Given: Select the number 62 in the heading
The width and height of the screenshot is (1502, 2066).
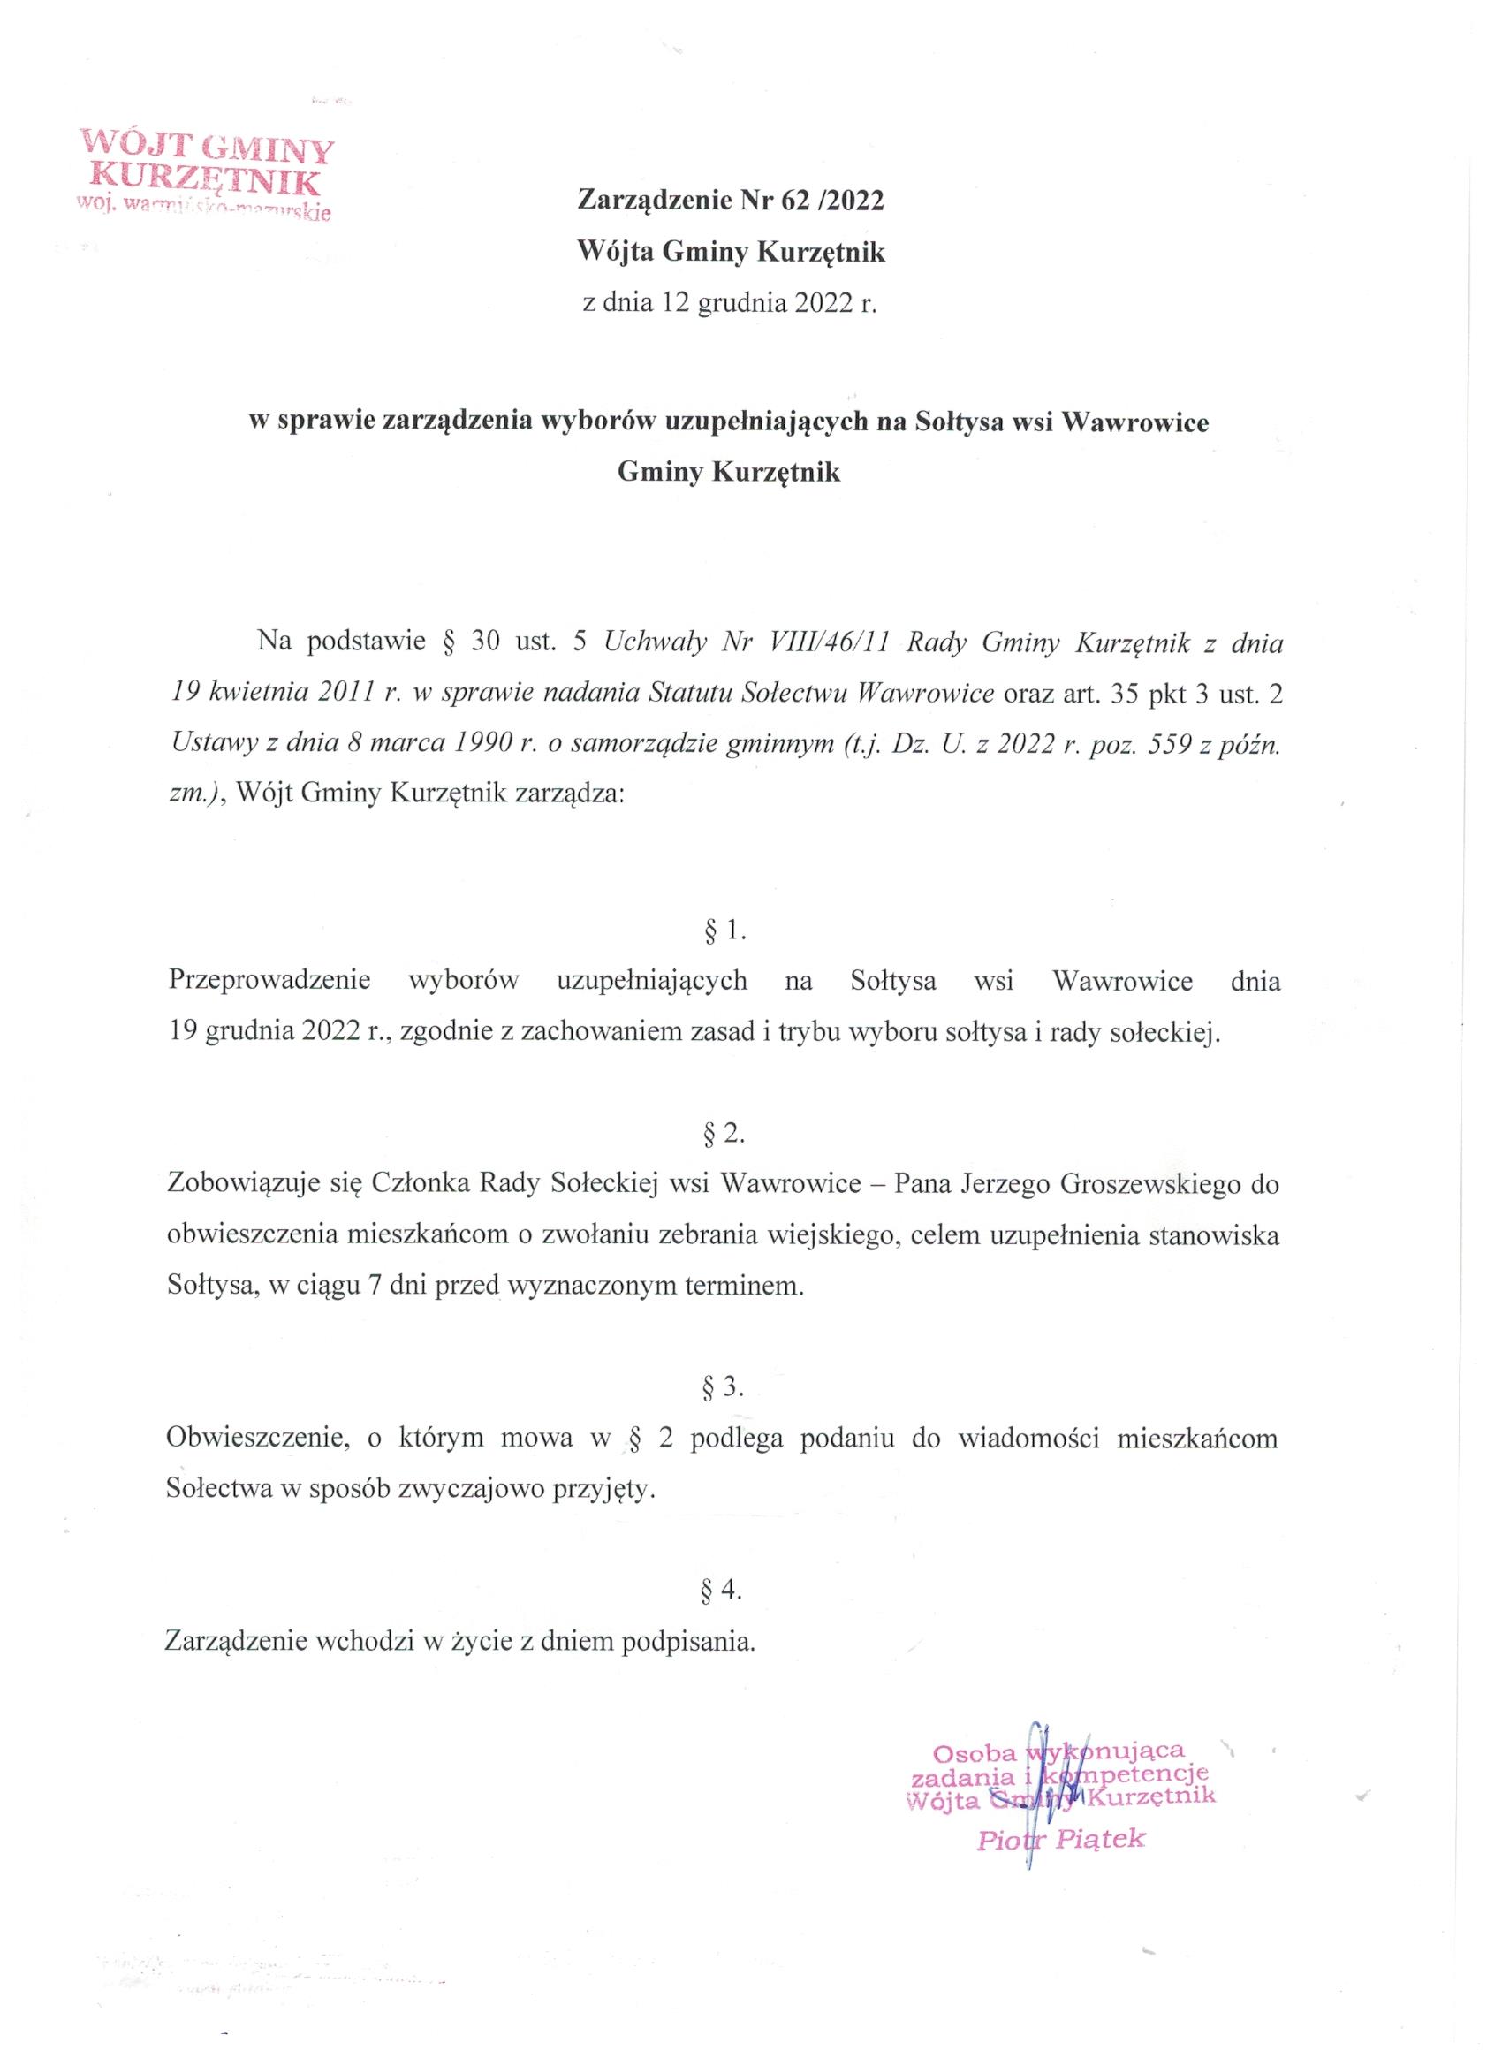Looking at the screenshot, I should [795, 201].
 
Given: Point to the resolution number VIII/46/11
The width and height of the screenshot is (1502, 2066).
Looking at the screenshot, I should [817, 644].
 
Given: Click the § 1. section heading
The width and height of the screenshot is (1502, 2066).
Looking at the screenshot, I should [725, 930].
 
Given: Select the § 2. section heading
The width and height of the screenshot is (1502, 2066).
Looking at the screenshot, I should [725, 1133].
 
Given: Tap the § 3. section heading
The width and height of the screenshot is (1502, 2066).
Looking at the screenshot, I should [725, 1386].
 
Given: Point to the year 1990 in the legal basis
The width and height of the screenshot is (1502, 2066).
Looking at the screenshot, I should [478, 742].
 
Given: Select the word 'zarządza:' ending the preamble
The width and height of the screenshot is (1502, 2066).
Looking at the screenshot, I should [570, 793].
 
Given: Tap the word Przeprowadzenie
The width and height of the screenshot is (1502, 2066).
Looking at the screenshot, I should [269, 981].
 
